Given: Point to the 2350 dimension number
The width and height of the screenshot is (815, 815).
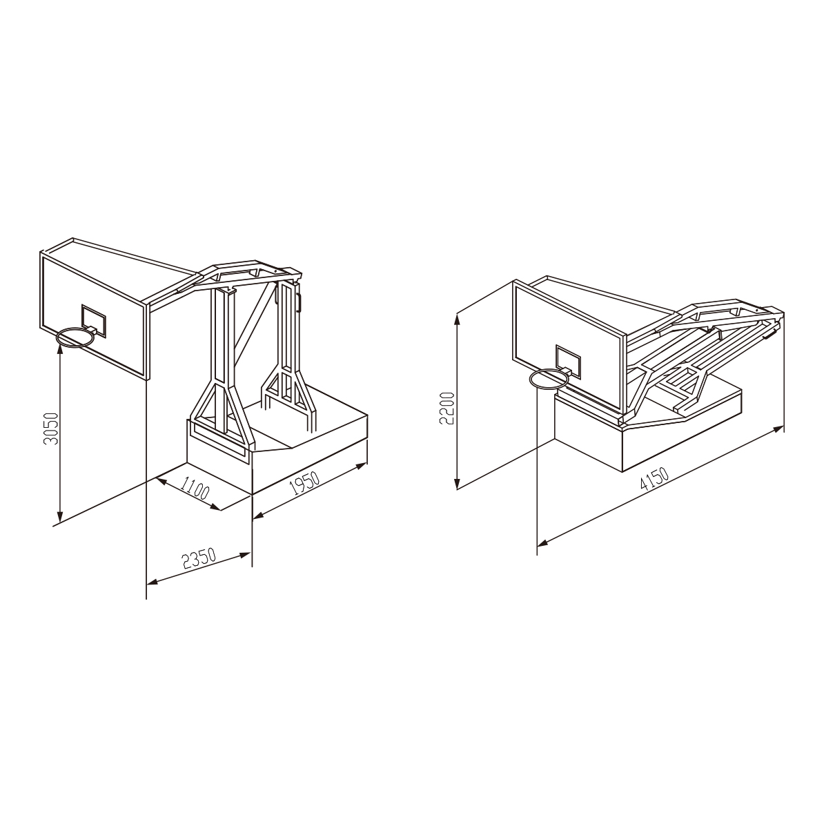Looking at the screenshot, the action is [199, 558].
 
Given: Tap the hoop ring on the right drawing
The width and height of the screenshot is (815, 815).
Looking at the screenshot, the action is [549, 378].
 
